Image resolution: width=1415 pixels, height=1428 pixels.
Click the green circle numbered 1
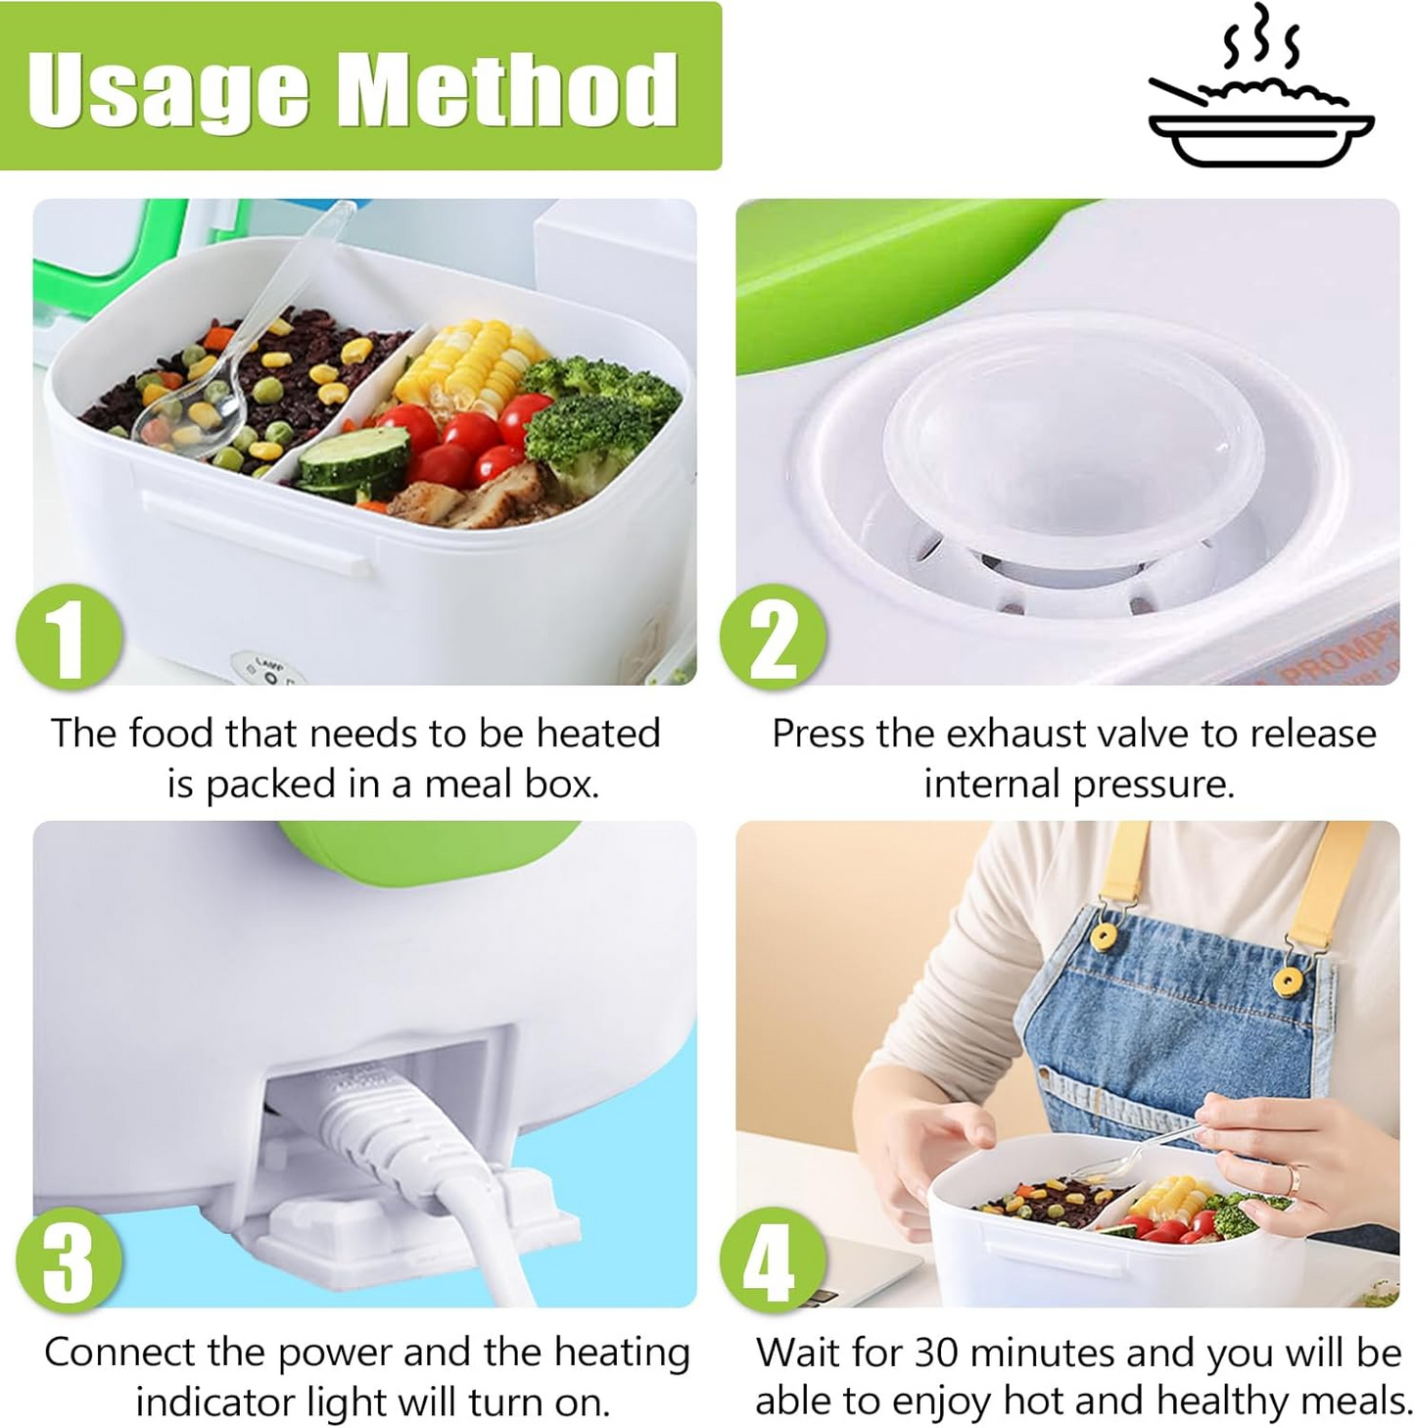click(x=69, y=638)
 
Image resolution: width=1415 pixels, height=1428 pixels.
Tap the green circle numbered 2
click(x=773, y=638)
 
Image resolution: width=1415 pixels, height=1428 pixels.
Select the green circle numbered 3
click(x=69, y=1260)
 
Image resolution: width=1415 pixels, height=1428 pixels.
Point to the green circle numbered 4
click(x=773, y=1260)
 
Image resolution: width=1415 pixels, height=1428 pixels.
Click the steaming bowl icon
click(x=1260, y=93)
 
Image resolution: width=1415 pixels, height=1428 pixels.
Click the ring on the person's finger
click(x=1295, y=1178)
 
